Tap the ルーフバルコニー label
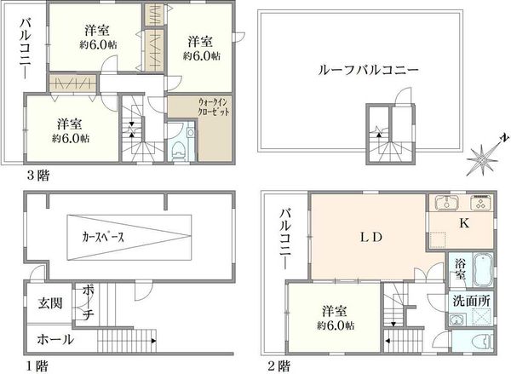(x=368, y=70)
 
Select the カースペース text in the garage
(x=103, y=237)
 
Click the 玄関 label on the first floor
(x=50, y=303)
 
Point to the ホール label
(x=55, y=340)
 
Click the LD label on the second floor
(x=371, y=237)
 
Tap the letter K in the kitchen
(x=464, y=223)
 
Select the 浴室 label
(x=460, y=268)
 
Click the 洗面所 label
(x=472, y=302)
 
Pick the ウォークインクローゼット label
(x=214, y=107)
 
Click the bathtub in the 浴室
(x=482, y=270)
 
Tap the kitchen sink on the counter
(x=446, y=202)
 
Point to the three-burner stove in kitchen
(x=480, y=202)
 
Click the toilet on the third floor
(x=179, y=150)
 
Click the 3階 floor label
(x=38, y=175)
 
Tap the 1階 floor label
(x=37, y=365)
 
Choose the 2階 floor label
(x=278, y=365)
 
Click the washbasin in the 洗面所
(x=454, y=319)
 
